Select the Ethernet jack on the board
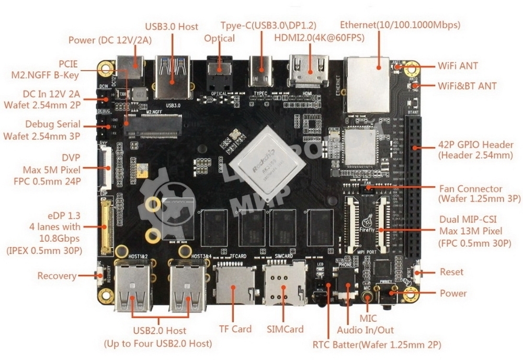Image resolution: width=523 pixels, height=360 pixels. [369, 84]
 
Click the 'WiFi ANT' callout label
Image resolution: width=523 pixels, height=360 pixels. [458, 66]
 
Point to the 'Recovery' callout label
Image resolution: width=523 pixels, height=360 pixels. [56, 276]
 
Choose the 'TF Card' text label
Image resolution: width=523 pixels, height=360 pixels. [235, 329]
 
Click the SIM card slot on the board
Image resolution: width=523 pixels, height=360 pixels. [283, 283]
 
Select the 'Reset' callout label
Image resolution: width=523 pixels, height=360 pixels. [451, 272]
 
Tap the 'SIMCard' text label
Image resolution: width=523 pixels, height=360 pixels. [285, 329]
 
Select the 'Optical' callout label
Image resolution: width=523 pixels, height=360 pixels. [220, 38]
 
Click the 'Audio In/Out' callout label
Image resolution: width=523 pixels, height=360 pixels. [365, 330]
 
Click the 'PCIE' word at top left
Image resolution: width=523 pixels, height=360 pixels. [67, 64]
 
